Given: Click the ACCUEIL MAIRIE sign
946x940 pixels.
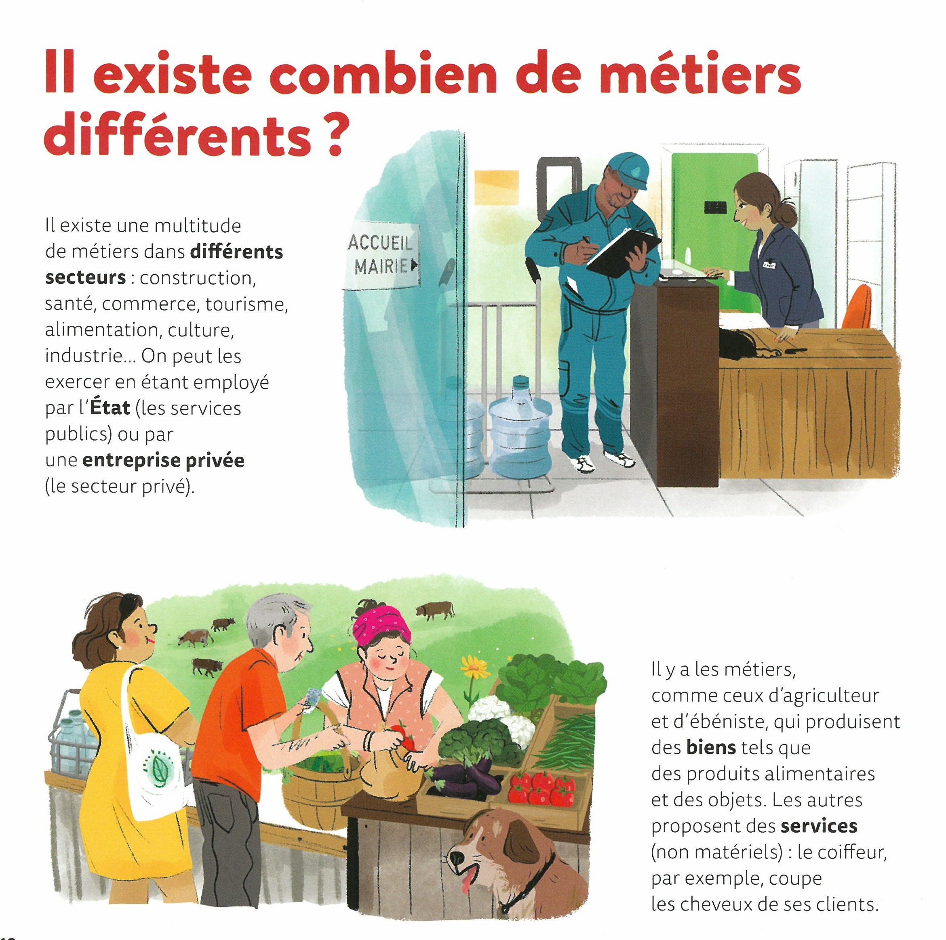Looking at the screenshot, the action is [381, 256].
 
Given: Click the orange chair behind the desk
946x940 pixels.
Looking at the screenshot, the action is [857, 307].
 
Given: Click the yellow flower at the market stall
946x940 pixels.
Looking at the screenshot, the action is [475, 666].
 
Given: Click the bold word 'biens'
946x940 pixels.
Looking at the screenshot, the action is [711, 748].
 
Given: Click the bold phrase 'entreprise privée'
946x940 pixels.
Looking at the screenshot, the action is [164, 460].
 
